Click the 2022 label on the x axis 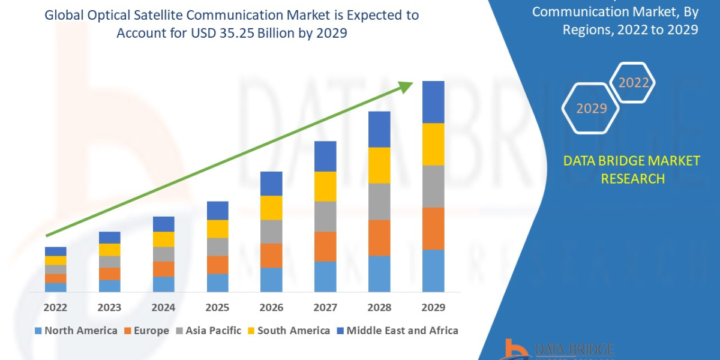[x=55, y=307]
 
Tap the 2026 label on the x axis [x=271, y=307]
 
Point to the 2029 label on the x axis [x=433, y=307]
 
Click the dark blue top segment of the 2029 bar [x=433, y=102]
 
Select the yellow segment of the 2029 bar [x=433, y=144]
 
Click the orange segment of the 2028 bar [x=379, y=238]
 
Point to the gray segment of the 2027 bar [x=325, y=216]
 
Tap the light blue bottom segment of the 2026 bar [x=271, y=280]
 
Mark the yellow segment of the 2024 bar [x=163, y=239]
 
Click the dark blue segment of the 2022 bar [x=55, y=251]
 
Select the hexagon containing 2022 [x=633, y=83]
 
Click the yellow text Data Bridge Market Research [x=632, y=169]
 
